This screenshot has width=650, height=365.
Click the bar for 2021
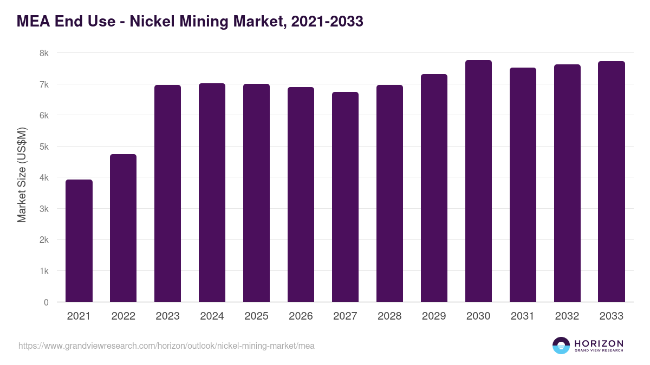tap(79, 241)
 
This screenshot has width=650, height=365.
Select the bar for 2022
tap(123, 228)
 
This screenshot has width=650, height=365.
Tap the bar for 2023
tap(168, 193)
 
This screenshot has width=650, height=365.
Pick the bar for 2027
tap(345, 197)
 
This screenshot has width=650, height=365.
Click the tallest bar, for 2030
tap(478, 181)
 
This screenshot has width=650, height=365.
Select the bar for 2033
tap(612, 181)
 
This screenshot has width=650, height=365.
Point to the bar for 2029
tap(434, 188)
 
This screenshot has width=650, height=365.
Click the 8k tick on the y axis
tap(44, 53)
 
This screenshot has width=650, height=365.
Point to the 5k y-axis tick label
tap(44, 147)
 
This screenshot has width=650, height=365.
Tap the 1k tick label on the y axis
tap(44, 271)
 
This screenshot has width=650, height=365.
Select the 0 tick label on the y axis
tap(46, 302)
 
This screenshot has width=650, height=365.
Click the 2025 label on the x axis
tap(256, 316)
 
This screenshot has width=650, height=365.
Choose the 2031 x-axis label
tap(523, 316)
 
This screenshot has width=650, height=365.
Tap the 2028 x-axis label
tap(389, 316)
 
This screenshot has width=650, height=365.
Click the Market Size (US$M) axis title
tap(22, 175)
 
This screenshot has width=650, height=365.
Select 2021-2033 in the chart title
tap(327, 22)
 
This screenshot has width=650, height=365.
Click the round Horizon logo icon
tap(561, 346)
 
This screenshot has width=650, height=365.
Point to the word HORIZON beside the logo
tap(599, 343)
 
